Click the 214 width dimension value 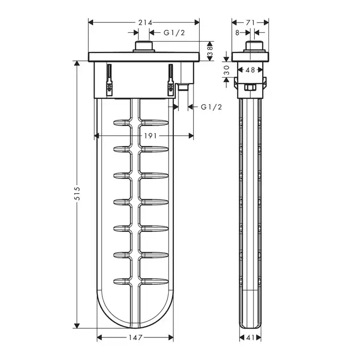(x=145, y=23)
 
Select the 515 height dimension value (x=78, y=193)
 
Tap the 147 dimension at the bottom (x=135, y=337)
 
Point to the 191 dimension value (x=150, y=136)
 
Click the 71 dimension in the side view (x=250, y=23)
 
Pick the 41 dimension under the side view (x=250, y=337)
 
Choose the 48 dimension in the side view (x=250, y=70)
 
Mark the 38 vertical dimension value (x=210, y=51)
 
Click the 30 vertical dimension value (x=226, y=70)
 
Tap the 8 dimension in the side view (x=238, y=32)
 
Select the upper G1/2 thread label (x=174, y=32)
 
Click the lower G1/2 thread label (x=211, y=107)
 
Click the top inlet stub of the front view (x=144, y=47)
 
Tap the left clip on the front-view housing (x=110, y=79)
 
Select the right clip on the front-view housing (x=170, y=79)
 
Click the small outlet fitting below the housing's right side (x=183, y=87)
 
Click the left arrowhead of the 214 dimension (x=91, y=23)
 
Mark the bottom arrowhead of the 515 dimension (x=77, y=326)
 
